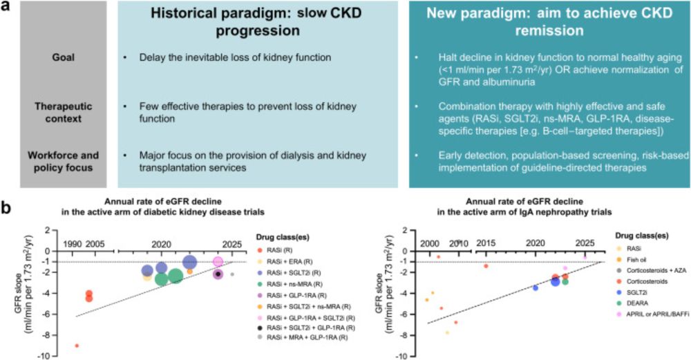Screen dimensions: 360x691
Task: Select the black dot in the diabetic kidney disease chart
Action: pos(218,274)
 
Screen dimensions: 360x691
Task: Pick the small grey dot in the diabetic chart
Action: pos(232,274)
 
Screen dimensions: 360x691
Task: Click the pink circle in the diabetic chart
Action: pos(218,261)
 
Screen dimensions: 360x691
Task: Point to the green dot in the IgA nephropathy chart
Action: pos(565,281)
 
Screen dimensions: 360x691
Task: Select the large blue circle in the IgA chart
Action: pos(555,282)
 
